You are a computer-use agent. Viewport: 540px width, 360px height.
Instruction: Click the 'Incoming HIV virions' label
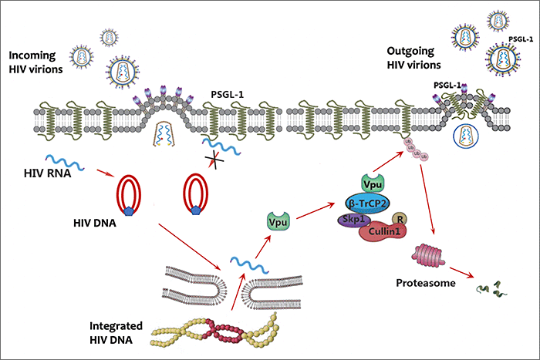[x=38, y=63]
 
